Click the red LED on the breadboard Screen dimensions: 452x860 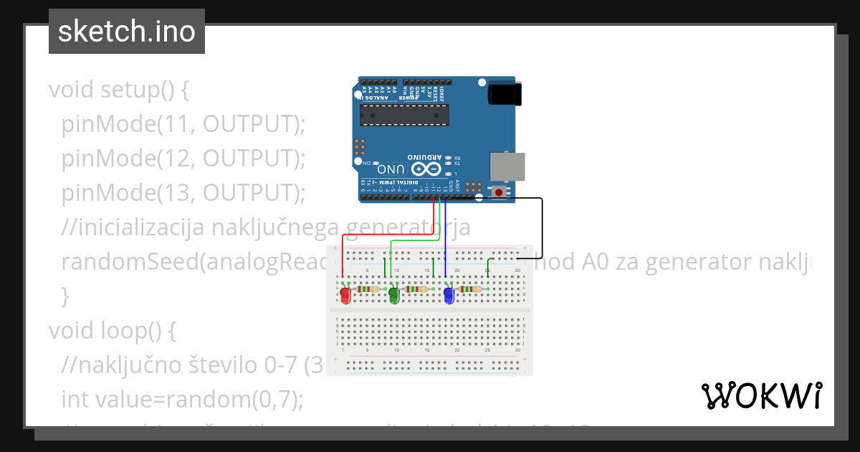(345, 295)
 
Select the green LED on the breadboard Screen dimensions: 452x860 (393, 295)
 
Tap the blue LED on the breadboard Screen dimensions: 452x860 (449, 295)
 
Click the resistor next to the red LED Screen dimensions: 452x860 (368, 289)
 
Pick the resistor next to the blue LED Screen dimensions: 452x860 (470, 289)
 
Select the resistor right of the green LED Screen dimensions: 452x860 (416, 289)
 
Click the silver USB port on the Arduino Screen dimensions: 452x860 (507, 166)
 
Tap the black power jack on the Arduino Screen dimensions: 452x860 (505, 94)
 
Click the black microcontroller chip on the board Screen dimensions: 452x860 (404, 114)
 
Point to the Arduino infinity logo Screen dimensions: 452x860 (424, 169)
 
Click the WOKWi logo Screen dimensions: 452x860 (761, 395)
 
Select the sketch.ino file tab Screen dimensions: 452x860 (127, 32)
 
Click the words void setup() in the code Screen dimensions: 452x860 (118, 90)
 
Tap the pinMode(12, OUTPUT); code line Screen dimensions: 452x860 (183, 159)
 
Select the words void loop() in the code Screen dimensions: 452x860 (113, 331)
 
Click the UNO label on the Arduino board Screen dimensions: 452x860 (392, 170)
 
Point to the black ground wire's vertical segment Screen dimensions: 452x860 (542, 227)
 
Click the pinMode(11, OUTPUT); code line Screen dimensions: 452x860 (183, 124)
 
